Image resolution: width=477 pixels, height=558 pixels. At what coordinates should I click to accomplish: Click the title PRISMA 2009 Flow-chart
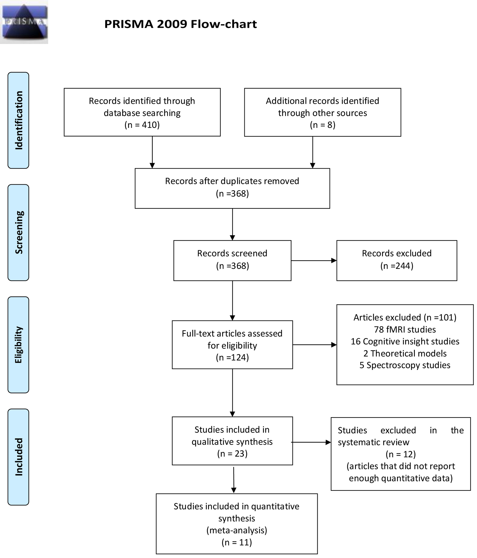coord(180,24)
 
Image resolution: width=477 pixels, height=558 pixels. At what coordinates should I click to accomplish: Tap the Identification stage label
coord(18,120)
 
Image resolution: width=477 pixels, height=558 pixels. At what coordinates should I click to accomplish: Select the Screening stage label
coord(18,232)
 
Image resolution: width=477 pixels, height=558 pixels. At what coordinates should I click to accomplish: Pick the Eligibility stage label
coord(18,345)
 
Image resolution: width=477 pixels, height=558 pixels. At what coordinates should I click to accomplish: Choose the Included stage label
coord(18,457)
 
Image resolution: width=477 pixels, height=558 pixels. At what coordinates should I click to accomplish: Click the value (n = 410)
coord(142,125)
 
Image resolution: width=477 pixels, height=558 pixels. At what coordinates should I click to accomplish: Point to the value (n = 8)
coord(322,125)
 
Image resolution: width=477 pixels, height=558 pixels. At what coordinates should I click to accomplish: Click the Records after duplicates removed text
coord(232,181)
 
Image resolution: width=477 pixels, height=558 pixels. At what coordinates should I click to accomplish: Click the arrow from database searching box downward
coord(152,152)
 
